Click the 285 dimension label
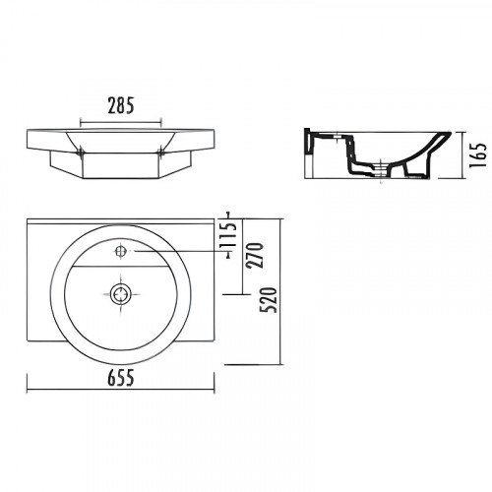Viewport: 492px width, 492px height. (121, 106)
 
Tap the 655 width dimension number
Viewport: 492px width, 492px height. (121, 378)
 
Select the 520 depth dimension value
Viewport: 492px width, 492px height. (270, 300)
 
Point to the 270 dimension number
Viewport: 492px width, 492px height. (256, 256)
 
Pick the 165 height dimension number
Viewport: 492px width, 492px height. (478, 155)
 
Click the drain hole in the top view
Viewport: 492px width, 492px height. (121, 294)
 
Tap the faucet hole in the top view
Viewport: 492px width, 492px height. (120, 251)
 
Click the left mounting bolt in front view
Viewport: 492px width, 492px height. (81, 152)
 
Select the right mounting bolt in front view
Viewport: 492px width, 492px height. (160, 152)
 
